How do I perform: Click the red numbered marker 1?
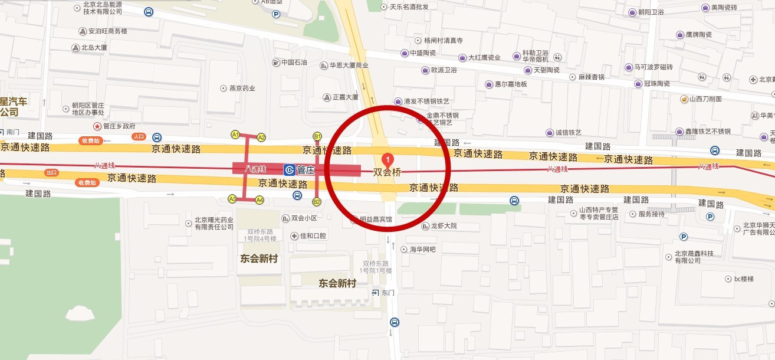[388, 159]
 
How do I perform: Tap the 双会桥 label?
[388, 173]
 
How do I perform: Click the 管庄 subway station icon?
[290, 170]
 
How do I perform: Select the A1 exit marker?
[235, 135]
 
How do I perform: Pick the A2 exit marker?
[261, 137]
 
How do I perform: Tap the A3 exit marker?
[232, 198]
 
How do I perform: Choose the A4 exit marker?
[260, 200]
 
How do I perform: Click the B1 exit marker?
[317, 136]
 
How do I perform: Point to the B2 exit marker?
[316, 202]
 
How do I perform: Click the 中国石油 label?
[294, 62]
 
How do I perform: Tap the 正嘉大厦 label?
[345, 97]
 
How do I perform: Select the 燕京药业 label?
[242, 89]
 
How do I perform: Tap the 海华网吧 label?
[422, 250]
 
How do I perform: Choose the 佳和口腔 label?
[313, 236]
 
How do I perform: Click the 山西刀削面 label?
[705, 99]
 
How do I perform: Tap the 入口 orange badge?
[139, 136]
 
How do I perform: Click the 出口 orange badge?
[52, 172]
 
